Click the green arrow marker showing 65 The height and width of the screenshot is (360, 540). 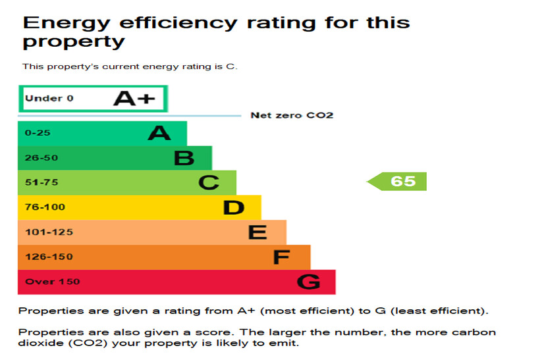click(x=397, y=181)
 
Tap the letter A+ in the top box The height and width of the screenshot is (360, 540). click(x=134, y=99)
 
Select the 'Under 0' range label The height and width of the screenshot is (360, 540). click(x=49, y=99)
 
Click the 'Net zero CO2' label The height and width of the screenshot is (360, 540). click(x=292, y=115)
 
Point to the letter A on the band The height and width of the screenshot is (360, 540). click(x=159, y=134)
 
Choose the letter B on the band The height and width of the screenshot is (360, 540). click(x=184, y=158)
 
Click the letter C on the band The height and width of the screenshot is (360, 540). click(x=208, y=182)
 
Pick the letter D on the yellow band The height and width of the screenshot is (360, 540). click(x=233, y=207)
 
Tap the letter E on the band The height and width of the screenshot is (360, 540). click(x=257, y=232)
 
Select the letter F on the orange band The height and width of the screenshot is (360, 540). click(x=281, y=257)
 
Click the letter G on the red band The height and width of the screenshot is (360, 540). click(x=308, y=282)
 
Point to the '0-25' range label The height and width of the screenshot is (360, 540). click(x=38, y=133)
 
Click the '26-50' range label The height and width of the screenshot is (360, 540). click(x=40, y=158)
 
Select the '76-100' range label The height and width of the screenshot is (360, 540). click(x=45, y=207)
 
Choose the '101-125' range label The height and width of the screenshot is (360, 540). click(x=49, y=232)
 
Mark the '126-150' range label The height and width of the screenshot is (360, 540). click(x=49, y=257)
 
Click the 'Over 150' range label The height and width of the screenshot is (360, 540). click(x=52, y=282)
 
